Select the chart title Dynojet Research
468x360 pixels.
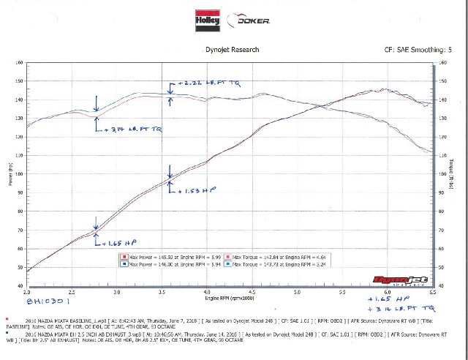click(233, 50)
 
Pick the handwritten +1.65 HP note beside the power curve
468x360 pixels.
click(121, 242)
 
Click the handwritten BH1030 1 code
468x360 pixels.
click(48, 300)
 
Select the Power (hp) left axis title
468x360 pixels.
click(10, 175)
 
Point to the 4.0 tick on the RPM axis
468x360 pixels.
click(208, 292)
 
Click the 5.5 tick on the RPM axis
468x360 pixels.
click(343, 292)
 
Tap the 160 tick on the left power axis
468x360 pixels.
click(19, 61)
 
